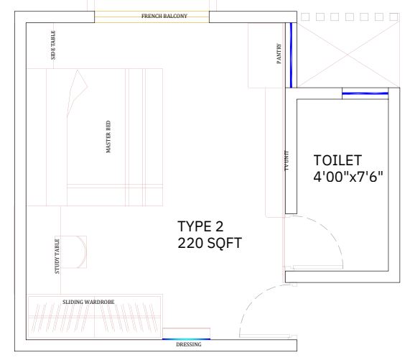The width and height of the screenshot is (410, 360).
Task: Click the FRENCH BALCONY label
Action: pos(164,17)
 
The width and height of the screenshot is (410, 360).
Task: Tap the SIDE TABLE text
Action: pos(53,45)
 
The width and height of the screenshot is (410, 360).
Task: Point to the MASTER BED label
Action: pos(108,137)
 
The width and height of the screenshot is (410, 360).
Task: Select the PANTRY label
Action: pos(279,53)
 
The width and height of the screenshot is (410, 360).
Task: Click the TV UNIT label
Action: pos(286,161)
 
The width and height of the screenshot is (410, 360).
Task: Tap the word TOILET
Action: pos(337,160)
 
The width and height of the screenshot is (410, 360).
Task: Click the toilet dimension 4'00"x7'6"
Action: pos(348,177)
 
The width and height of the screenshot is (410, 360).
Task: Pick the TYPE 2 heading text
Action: pos(200,226)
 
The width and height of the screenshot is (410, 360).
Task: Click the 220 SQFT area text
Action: pos(210,244)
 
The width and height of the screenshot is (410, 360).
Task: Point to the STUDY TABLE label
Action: pos(57,257)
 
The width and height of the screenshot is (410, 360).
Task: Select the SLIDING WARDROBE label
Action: pos(88,302)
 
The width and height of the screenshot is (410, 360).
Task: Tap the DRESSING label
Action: pos(189,345)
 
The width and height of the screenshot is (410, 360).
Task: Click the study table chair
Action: pos(74,251)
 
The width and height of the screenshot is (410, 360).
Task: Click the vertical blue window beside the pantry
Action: pos(291,55)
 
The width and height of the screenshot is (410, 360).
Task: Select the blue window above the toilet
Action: pos(365,93)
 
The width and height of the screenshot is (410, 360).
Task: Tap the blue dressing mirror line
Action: pos(186,339)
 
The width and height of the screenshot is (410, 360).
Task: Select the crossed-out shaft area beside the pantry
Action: pos(348,55)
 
